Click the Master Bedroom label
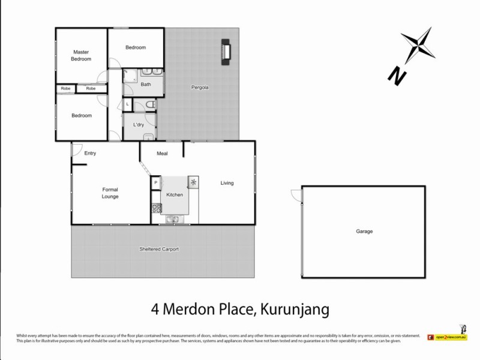click(81, 55)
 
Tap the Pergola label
click(200, 87)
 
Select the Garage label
click(364, 231)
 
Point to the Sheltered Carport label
click(159, 248)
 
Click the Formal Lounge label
click(110, 193)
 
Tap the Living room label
click(227, 183)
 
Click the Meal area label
click(162, 154)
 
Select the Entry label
click(90, 153)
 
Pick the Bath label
click(146, 85)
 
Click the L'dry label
click(137, 125)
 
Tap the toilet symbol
click(151, 106)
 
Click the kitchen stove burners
click(156, 208)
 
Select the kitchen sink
click(173, 220)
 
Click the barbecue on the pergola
click(226, 52)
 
